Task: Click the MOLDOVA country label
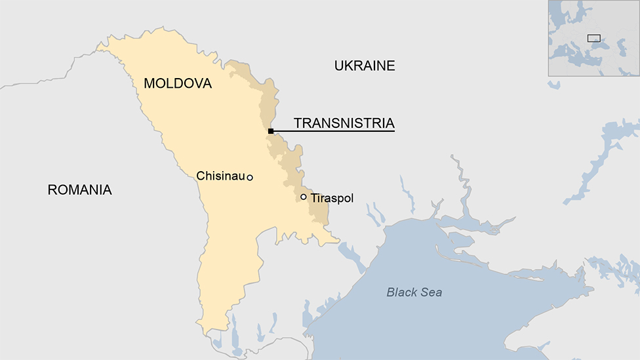click(178, 84)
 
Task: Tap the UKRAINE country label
click(365, 66)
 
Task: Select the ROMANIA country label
click(80, 190)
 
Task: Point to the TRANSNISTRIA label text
click(344, 123)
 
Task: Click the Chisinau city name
click(220, 176)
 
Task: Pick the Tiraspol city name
click(332, 197)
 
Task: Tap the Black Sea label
click(414, 292)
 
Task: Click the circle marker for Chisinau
click(250, 177)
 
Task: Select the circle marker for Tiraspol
click(304, 197)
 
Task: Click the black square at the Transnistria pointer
click(271, 131)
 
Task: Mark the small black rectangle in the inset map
click(593, 38)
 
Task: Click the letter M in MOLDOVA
click(150, 84)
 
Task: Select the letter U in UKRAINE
click(339, 66)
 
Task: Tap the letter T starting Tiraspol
click(313, 197)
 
